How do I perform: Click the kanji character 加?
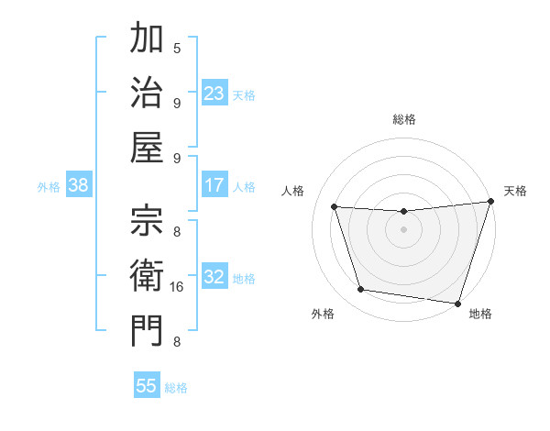(x=147, y=39)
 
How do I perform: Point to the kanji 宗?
(x=147, y=221)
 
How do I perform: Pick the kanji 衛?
(x=147, y=275)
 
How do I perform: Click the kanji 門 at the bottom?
(x=147, y=330)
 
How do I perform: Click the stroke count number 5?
(x=177, y=49)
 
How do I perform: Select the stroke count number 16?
(x=177, y=287)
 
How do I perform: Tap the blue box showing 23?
(x=214, y=94)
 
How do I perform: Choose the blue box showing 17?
(x=214, y=185)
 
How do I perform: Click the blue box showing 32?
(x=214, y=277)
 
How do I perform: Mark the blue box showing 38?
(x=79, y=185)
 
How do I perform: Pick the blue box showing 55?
(x=147, y=386)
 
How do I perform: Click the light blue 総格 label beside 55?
(x=176, y=388)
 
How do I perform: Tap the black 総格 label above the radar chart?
(x=403, y=119)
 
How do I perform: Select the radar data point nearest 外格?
(x=361, y=290)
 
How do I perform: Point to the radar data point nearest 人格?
(x=335, y=207)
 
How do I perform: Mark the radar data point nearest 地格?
(x=457, y=303)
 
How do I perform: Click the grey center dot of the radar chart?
(x=403, y=229)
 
